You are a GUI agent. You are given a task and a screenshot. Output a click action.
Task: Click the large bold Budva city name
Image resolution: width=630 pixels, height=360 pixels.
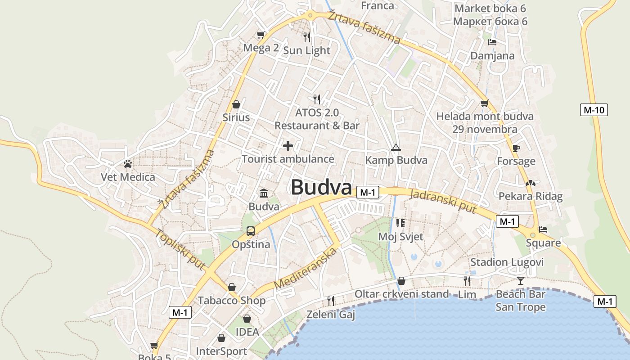tap(321, 187)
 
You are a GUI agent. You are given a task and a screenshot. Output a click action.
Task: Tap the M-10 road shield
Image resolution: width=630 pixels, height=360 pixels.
tap(594, 109)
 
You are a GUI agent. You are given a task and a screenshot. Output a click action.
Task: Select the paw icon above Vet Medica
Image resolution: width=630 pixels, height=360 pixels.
tap(128, 164)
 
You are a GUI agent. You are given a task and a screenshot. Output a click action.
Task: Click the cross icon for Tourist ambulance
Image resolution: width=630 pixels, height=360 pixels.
tap(288, 146)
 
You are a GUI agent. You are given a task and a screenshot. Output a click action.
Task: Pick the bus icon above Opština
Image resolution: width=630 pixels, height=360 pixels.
tap(251, 231)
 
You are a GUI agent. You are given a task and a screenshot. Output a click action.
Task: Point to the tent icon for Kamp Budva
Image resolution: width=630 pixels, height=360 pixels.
tap(396, 147)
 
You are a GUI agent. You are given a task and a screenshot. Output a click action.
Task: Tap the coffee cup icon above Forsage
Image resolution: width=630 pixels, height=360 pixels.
tap(516, 148)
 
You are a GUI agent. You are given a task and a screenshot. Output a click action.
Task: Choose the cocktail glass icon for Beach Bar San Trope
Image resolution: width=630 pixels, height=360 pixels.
tap(521, 281)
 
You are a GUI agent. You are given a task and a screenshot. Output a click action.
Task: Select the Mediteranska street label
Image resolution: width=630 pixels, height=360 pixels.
tap(305, 269)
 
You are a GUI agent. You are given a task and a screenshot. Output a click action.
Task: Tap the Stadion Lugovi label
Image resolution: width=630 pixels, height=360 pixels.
tap(507, 262)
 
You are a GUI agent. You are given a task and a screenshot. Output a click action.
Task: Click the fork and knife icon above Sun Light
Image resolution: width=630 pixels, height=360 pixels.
tap(307, 37)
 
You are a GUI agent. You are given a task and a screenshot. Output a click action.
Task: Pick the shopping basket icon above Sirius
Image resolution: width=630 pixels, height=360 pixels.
tap(236, 105)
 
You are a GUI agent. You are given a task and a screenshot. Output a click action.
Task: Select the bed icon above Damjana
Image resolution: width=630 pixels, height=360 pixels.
tap(492, 42)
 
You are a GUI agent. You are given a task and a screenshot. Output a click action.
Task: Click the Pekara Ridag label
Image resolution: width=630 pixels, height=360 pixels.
tap(531, 196)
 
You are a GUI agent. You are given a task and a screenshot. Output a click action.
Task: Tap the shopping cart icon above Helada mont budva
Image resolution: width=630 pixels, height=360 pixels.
tap(484, 103)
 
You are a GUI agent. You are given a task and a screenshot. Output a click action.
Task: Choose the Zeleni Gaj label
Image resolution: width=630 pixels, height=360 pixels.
tap(331, 315)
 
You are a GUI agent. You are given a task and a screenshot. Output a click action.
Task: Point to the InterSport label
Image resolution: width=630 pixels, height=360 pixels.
tap(221, 351)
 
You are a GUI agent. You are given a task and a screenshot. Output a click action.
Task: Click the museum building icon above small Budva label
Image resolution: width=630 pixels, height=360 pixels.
tap(264, 193)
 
